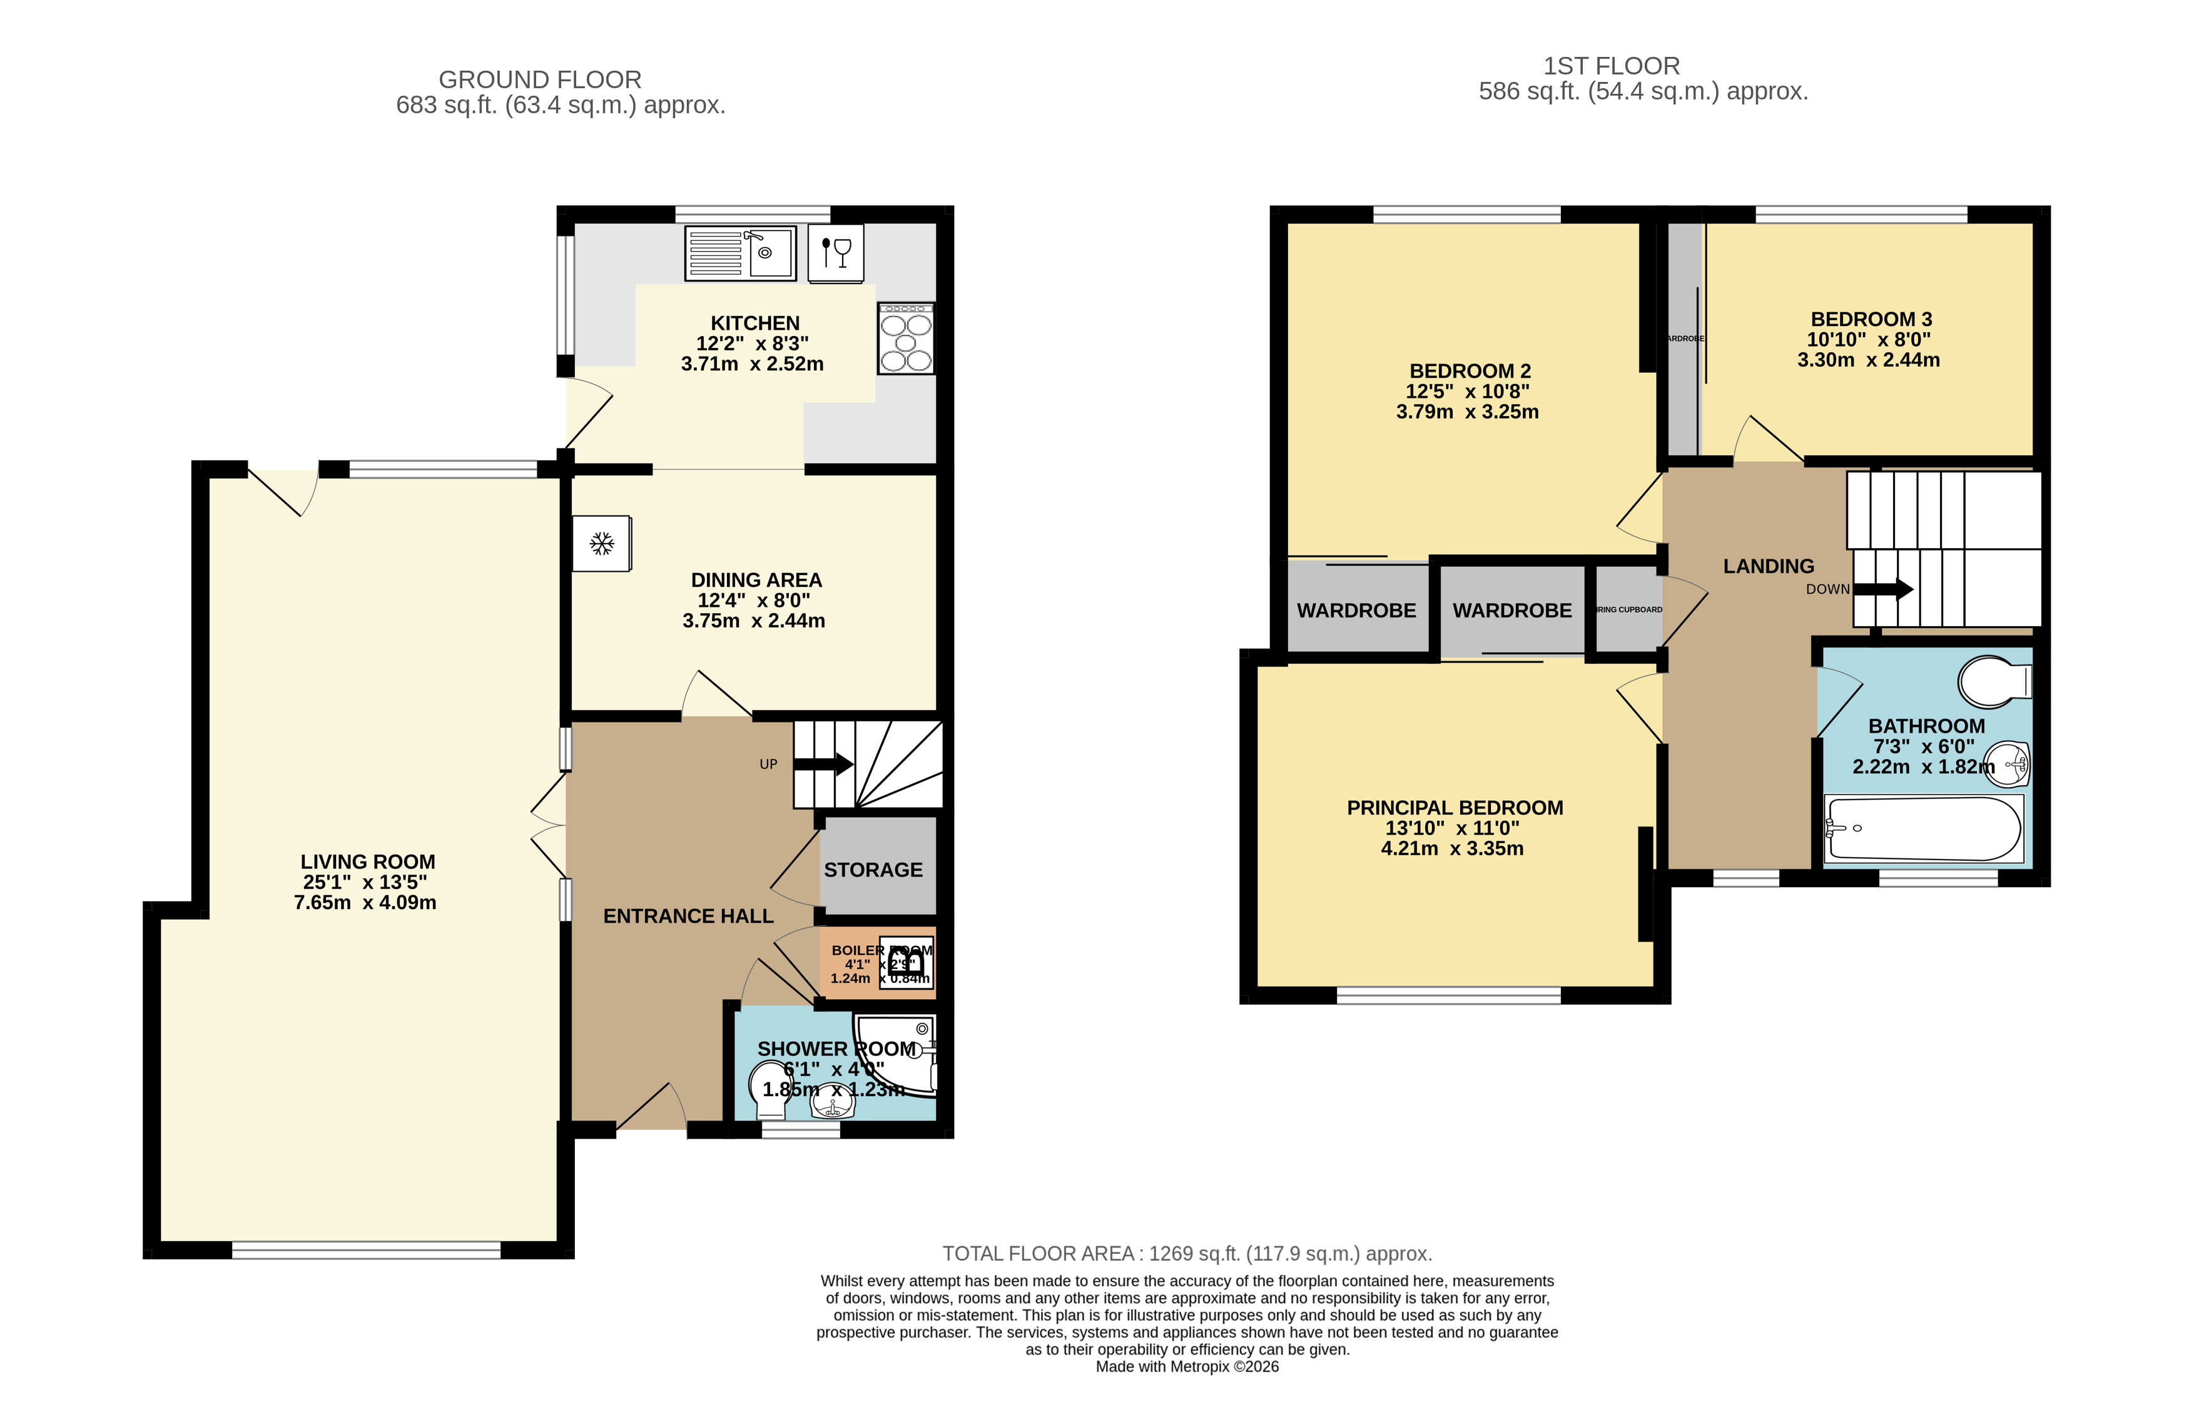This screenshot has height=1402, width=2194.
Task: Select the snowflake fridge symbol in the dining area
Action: (601, 544)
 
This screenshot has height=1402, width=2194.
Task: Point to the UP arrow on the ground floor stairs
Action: (823, 764)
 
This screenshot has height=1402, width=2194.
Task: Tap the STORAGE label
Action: (873, 870)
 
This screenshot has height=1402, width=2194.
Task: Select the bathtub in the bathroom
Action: (1923, 829)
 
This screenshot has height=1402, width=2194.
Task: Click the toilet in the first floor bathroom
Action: (1994, 681)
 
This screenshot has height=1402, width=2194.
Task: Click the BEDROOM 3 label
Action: (1871, 320)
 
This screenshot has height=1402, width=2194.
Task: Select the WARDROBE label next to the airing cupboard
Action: (1511, 611)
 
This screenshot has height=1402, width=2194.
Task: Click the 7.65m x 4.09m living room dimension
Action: (365, 903)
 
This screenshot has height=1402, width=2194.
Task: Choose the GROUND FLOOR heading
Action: (539, 80)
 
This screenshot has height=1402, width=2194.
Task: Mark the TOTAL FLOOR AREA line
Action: (1186, 1254)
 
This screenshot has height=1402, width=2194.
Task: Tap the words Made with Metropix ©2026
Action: (1186, 1366)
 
